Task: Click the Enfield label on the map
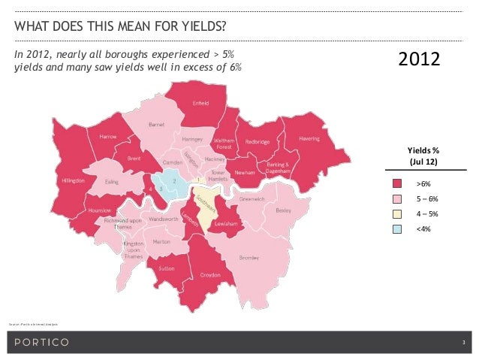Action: tap(201, 104)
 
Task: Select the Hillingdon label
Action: tap(73, 181)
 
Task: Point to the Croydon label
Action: tap(209, 275)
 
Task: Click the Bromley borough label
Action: tap(249, 258)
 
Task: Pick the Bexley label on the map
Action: tap(284, 210)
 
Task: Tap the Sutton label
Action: tap(167, 266)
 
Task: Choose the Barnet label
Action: tap(157, 125)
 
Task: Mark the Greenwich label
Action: tap(251, 200)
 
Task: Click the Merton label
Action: tap(161, 242)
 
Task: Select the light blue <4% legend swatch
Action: tap(397, 228)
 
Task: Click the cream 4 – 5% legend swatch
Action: tap(397, 213)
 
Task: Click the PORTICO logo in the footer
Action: tap(41, 343)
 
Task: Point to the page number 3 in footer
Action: tap(463, 343)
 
